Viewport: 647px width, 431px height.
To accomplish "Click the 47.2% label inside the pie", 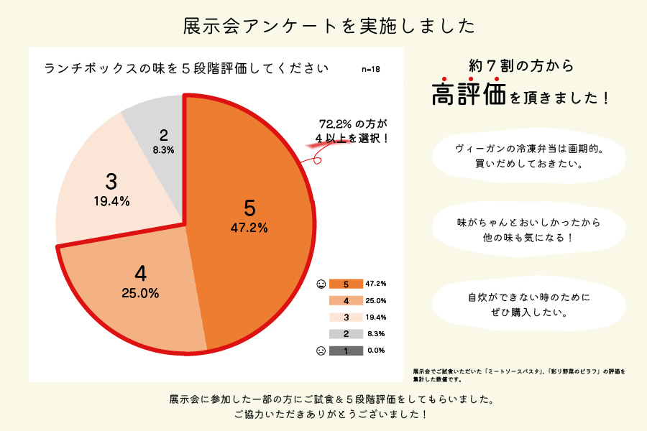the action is [249, 228].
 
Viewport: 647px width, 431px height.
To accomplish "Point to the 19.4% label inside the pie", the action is [112, 201].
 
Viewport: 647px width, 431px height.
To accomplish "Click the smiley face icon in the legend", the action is [321, 284].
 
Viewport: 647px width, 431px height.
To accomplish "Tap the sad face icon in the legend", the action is [321, 351].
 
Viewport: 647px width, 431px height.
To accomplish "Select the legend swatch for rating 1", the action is [346, 351].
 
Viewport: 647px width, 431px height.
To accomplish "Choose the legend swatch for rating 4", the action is [346, 301].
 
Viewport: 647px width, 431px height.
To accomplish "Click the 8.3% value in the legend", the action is [376, 333].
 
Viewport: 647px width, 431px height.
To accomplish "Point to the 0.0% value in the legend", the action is [376, 350].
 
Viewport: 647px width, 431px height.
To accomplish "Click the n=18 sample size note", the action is [370, 69].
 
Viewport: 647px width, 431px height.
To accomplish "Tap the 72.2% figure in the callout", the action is [335, 124].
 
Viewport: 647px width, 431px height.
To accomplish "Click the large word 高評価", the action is [469, 93].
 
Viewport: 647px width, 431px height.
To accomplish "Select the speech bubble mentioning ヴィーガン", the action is [528, 157].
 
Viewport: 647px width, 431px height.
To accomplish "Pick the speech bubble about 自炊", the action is [528, 305].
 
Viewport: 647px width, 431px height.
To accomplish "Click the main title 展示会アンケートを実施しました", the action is [329, 26].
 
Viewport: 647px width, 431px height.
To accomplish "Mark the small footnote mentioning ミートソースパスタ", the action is [519, 375].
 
